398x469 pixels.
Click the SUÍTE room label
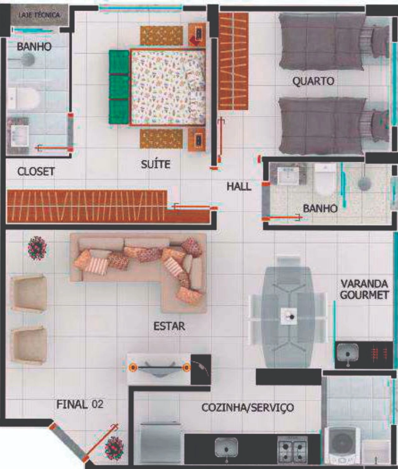[155, 164]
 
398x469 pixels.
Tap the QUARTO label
[313, 81]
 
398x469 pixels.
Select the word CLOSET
[36, 171]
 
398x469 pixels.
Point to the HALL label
[239, 186]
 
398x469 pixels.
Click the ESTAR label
[169, 326]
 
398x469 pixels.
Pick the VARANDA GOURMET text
[364, 289]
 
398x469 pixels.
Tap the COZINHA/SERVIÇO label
[248, 407]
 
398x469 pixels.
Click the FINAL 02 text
[80, 404]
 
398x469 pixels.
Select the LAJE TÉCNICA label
[39, 15]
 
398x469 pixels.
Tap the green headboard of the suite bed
[119, 87]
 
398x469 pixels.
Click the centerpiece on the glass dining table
[289, 316]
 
